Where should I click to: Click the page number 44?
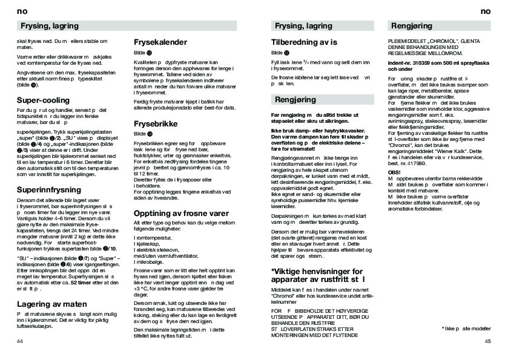coord(20,342)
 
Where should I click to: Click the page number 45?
coord(488,342)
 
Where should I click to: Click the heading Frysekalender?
coord(165,44)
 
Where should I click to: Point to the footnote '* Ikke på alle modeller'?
coord(466,328)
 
